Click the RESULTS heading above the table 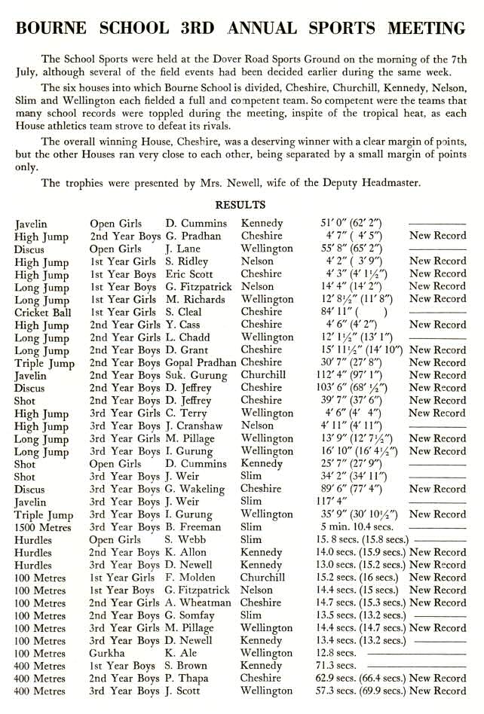(x=240, y=205)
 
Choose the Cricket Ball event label (x=43, y=312)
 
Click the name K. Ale (x=181, y=654)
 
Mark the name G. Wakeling (x=198, y=489)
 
